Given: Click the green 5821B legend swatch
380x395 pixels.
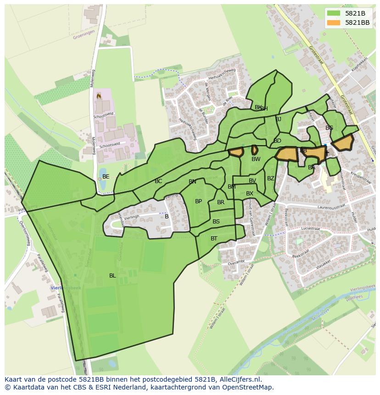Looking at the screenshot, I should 334,13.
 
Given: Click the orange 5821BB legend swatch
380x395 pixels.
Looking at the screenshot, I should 334,22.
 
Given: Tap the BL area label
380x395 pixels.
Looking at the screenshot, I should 112,276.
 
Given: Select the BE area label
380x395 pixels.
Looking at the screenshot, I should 106,177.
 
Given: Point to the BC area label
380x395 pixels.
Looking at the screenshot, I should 158,182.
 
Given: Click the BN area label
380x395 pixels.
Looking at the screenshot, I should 192,182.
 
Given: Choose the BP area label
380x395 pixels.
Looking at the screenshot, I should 198,201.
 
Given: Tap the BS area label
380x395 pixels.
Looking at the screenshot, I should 216,222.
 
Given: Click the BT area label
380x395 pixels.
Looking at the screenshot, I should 214,239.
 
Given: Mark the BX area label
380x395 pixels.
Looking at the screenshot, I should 249,194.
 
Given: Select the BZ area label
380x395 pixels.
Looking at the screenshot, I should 271,178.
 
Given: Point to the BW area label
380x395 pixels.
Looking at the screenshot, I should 256,159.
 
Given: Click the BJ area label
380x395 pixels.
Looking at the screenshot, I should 278,119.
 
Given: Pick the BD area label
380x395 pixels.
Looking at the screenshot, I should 277,141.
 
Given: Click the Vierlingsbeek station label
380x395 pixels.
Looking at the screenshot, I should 65,288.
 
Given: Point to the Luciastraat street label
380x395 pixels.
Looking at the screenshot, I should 311,228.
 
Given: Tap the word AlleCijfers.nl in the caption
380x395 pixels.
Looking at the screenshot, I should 239,379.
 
